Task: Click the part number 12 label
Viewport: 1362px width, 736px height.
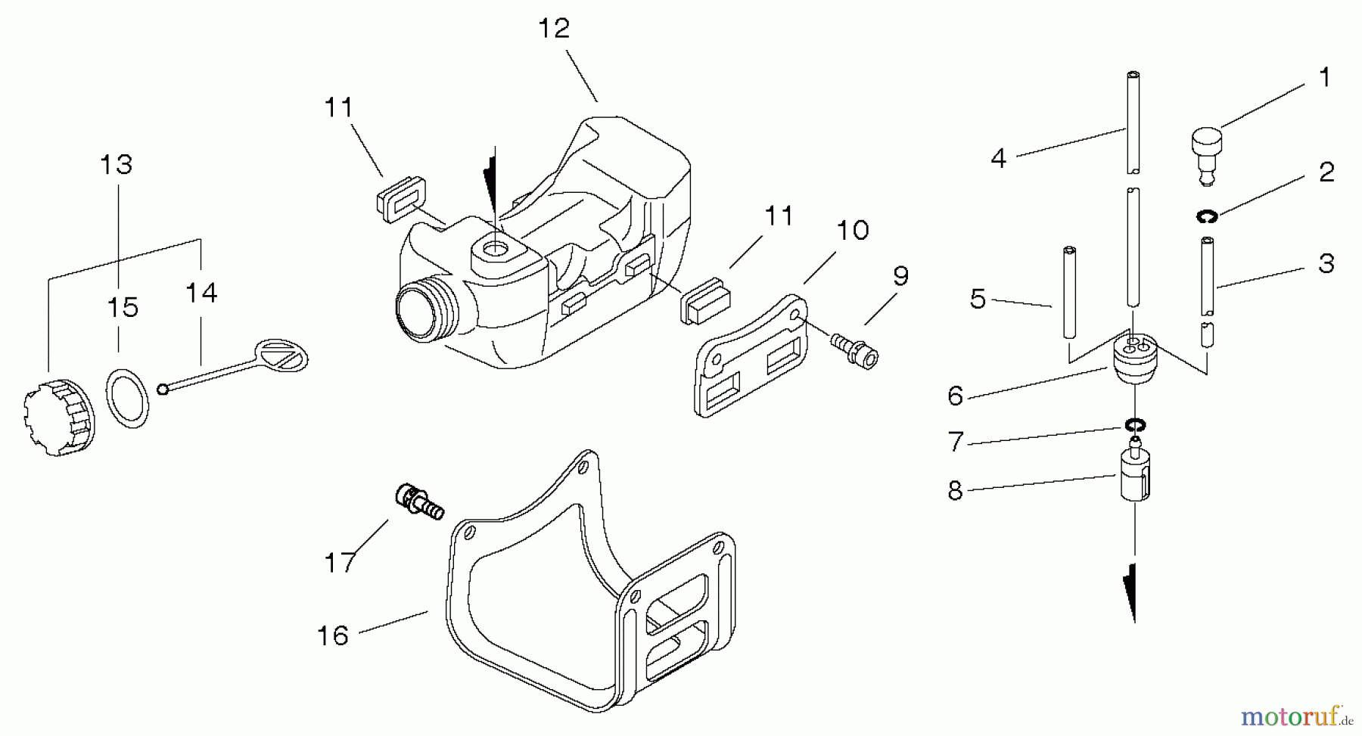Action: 554,29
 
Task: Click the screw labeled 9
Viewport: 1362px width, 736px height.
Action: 854,349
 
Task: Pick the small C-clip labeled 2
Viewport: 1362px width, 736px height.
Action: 1206,218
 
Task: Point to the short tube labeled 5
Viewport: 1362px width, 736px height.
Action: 1068,292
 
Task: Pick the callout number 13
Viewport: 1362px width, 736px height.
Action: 117,164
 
